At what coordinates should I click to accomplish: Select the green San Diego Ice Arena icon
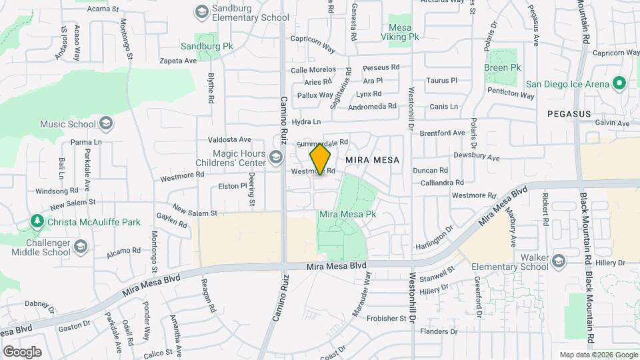click(x=619, y=84)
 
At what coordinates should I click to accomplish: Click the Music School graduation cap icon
click(x=105, y=123)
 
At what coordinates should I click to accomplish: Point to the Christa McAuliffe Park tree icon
click(x=37, y=221)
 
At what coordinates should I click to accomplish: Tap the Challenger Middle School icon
click(x=81, y=247)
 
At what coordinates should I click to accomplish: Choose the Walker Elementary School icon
click(x=558, y=259)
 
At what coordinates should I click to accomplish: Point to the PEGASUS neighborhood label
click(x=569, y=114)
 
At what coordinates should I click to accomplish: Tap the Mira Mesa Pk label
click(x=348, y=215)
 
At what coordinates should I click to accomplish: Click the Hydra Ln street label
click(x=307, y=121)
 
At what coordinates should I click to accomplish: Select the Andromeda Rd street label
click(x=373, y=106)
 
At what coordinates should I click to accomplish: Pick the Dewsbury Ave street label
click(x=476, y=157)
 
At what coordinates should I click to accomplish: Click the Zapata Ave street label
click(x=179, y=60)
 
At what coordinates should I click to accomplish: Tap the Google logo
click(x=22, y=351)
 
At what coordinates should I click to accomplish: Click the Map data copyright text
click(x=597, y=355)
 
